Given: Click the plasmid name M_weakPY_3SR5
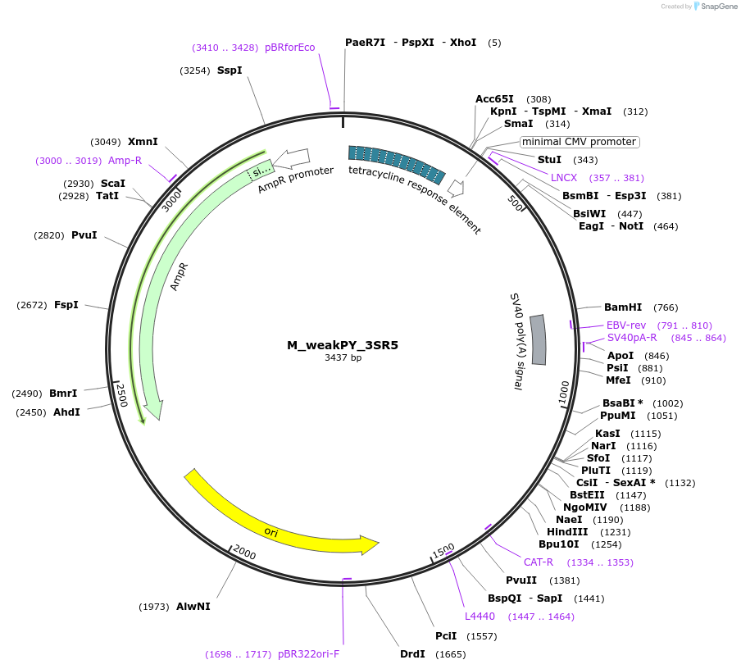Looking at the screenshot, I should pyautogui.click(x=343, y=345).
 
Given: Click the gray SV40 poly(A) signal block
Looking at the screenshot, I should pyautogui.click(x=539, y=339).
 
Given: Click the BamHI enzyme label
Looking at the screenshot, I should pyautogui.click(x=623, y=307).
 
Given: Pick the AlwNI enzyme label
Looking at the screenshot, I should pyautogui.click(x=193, y=607).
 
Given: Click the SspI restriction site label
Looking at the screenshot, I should pyautogui.click(x=230, y=71).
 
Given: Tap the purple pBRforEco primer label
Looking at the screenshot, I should pyautogui.click(x=290, y=48).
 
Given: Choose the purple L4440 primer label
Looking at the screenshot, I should pyautogui.click(x=480, y=617).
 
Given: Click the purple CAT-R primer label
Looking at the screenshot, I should pyautogui.click(x=539, y=562).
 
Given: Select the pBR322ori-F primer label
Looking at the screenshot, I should pyautogui.click(x=308, y=654).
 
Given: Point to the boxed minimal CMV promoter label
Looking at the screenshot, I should pyautogui.click(x=580, y=142).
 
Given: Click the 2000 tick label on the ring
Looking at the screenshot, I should pyautogui.click(x=245, y=553).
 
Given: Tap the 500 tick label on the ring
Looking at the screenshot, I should pyautogui.click(x=516, y=203).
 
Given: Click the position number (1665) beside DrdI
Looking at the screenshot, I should pyautogui.click(x=451, y=654).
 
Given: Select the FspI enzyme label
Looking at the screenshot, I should pyautogui.click(x=66, y=305).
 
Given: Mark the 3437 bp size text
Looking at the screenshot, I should pyautogui.click(x=343, y=358).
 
